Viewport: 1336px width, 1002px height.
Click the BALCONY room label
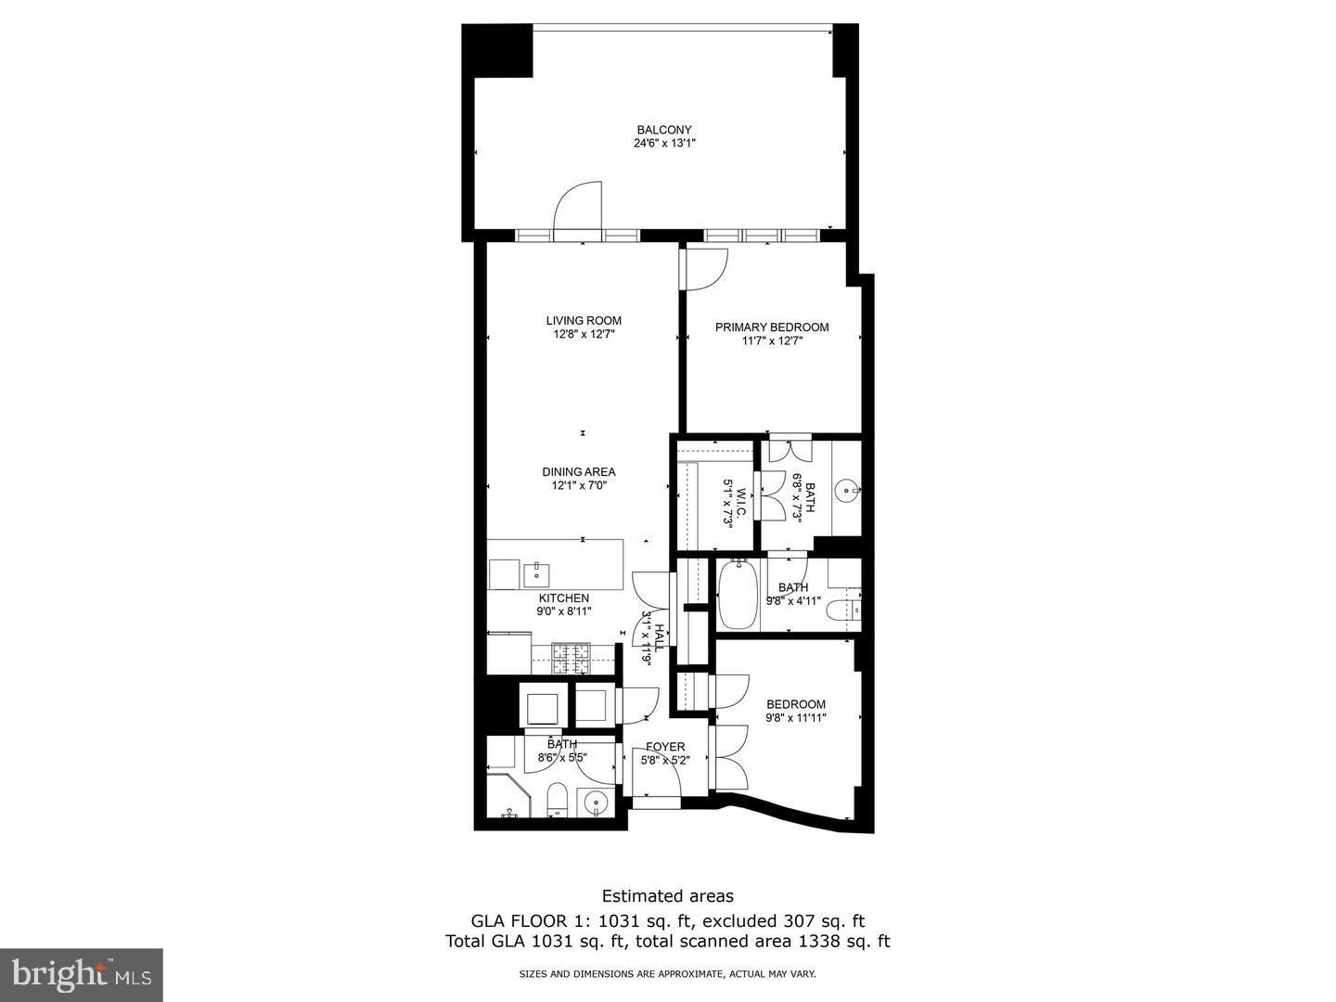(663, 130)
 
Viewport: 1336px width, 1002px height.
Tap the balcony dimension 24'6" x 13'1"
(663, 144)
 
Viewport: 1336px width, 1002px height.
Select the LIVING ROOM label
(584, 321)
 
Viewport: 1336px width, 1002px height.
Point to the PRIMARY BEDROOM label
(772, 328)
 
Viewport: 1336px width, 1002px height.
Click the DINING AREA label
(579, 472)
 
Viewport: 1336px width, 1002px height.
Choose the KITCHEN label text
(564, 598)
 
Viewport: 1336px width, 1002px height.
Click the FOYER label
(665, 747)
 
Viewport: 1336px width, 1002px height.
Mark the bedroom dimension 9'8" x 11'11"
(796, 717)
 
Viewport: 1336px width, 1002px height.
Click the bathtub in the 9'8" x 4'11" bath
(738, 596)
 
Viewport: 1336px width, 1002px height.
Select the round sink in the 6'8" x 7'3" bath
(847, 489)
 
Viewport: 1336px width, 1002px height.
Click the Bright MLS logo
(82, 974)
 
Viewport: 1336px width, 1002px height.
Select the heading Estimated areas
(667, 896)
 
